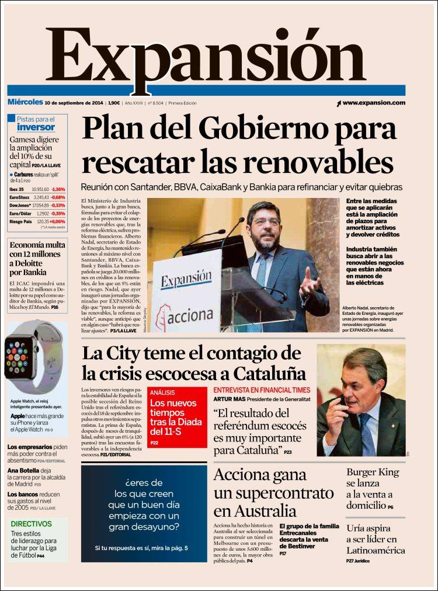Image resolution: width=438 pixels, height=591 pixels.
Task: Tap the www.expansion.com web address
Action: pos(374,103)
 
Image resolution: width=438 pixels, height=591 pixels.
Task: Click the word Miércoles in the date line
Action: pos(25,102)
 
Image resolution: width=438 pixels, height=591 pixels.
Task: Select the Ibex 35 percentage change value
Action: pos(58,189)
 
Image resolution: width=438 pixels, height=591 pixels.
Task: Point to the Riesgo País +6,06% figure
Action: pos(58,222)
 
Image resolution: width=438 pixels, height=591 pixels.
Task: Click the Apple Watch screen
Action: pos(21,357)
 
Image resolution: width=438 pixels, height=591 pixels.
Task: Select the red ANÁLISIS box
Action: pos(177,417)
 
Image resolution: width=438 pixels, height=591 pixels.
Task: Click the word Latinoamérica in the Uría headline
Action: pos(376,550)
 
